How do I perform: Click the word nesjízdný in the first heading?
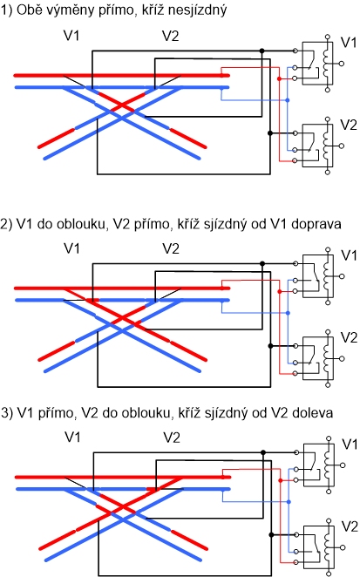pos(197,10)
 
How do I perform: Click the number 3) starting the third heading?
pos(7,413)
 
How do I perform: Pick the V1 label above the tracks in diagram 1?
pos(71,36)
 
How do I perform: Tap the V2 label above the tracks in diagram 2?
pos(171,248)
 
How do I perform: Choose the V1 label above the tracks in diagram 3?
pos(72,438)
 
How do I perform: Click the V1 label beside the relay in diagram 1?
pos(349,43)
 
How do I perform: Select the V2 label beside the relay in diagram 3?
pos(350,526)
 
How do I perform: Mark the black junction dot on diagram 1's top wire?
pos(262,51)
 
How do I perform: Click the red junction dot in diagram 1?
pos(279,78)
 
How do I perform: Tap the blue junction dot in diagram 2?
pos(288,313)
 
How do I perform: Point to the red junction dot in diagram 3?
pos(281,480)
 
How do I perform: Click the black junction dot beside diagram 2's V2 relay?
pos(270,346)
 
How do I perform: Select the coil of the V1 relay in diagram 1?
pos(326,64)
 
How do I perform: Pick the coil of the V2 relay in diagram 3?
pos(327,546)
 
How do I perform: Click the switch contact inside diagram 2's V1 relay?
pos(315,275)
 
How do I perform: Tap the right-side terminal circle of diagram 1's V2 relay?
pos(341,146)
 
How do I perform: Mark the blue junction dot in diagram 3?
pos(289,502)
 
